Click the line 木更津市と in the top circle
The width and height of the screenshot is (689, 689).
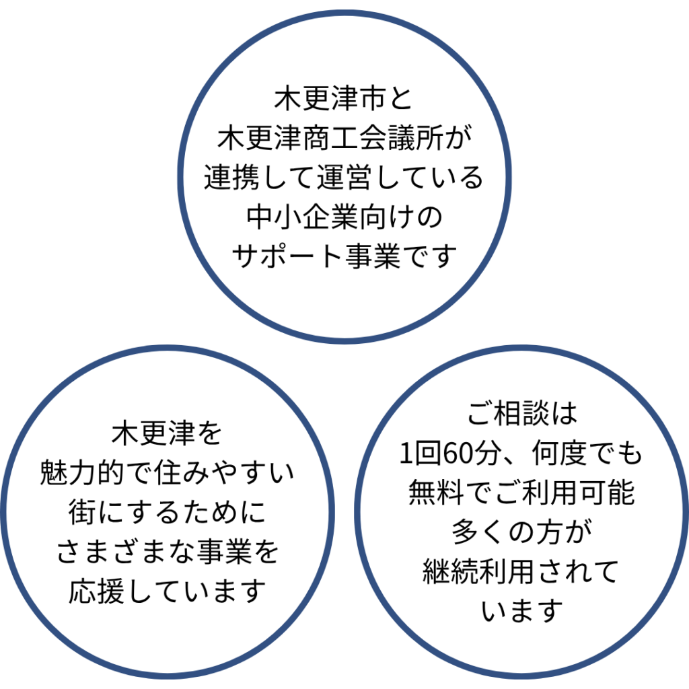pos(344,101)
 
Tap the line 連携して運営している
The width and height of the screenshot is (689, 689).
pos(344,178)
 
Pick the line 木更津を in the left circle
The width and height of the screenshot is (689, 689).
pos(168,434)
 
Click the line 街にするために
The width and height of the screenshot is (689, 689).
pos(168,513)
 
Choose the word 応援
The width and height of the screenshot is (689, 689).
pos(97,591)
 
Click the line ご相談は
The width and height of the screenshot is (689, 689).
pos(522,414)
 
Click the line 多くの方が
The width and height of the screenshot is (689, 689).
pos(522,532)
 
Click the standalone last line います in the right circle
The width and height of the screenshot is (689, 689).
pos(522,611)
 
